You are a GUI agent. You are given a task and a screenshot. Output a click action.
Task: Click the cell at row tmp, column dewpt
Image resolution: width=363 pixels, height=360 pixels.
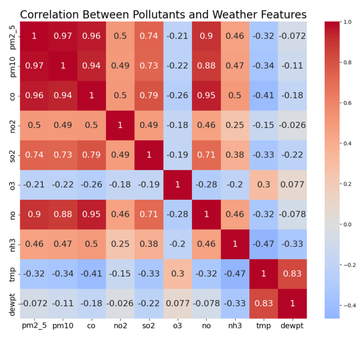click(292, 273)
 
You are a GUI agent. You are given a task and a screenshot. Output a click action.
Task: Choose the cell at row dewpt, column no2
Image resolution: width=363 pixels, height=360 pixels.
click(121, 303)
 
